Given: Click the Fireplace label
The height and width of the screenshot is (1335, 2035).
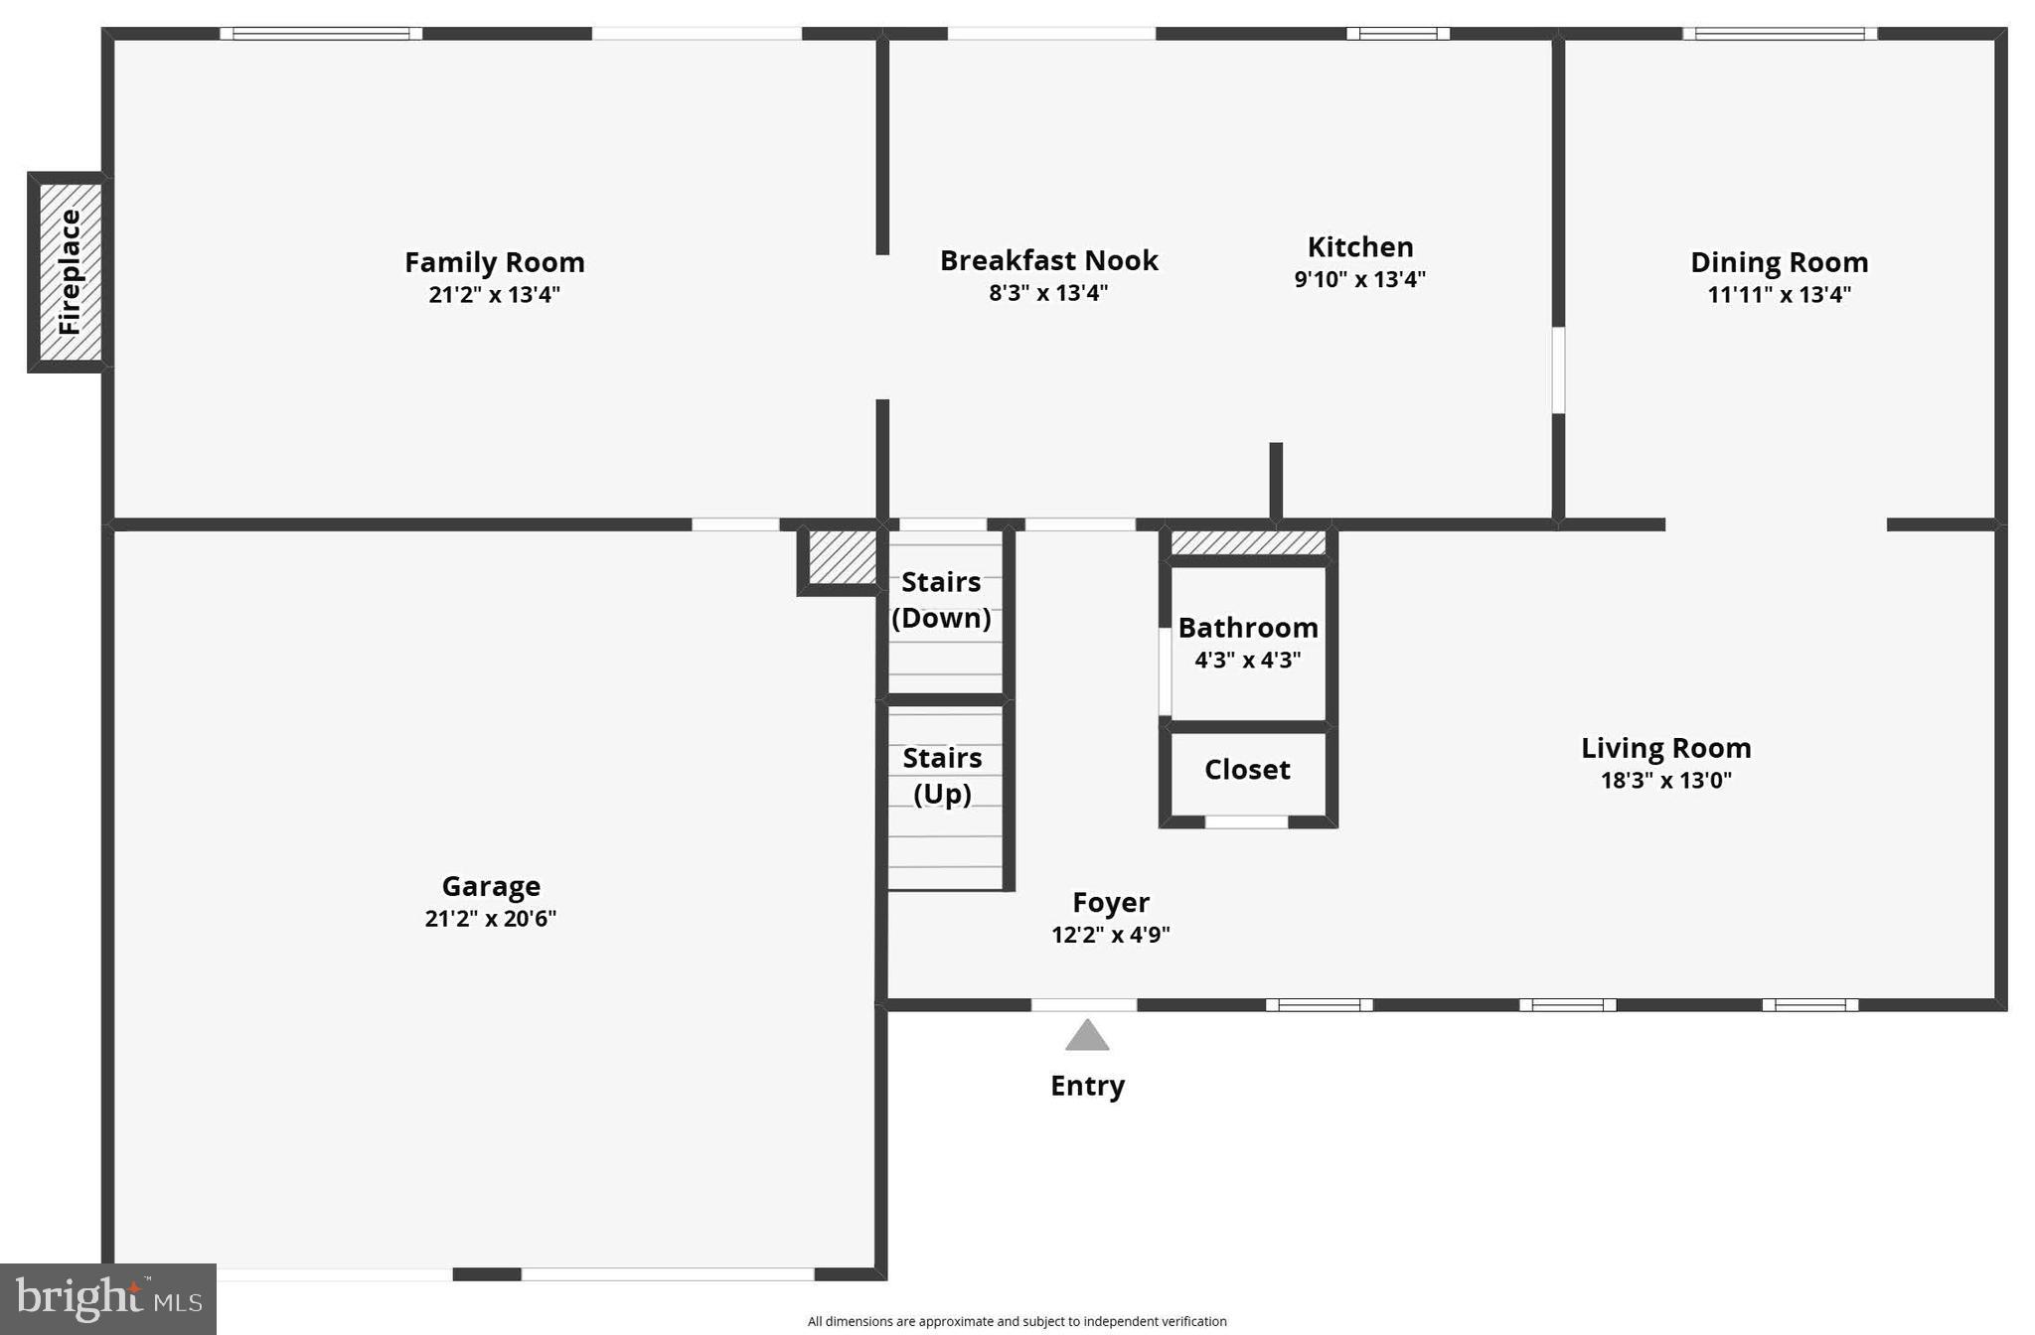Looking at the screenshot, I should (69, 271).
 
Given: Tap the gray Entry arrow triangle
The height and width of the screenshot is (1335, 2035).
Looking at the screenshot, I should (1087, 1035).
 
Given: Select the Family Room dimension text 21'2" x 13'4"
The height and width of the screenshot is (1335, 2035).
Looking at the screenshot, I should (494, 295).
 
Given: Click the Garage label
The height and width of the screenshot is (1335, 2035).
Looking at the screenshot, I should (491, 886).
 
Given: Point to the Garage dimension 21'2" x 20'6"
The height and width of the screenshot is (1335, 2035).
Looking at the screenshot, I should (490, 919).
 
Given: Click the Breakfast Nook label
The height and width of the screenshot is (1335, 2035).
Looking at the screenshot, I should (1048, 260).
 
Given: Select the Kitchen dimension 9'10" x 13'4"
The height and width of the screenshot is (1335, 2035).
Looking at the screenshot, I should (1359, 279).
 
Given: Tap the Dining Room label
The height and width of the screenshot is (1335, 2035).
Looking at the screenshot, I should (1779, 262).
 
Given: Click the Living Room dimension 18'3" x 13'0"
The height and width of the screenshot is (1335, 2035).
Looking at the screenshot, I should (1665, 781).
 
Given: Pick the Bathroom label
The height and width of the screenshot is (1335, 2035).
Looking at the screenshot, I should (1248, 628).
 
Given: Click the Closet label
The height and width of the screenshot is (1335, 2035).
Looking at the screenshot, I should (1247, 770).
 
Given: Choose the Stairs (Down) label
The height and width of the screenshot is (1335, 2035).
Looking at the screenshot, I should (941, 600).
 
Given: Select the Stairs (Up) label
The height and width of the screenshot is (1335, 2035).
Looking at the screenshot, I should (942, 776).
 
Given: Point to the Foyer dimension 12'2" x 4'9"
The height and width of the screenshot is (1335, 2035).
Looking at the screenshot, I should (1110, 935).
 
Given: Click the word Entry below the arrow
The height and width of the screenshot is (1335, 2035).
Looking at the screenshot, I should (1087, 1086).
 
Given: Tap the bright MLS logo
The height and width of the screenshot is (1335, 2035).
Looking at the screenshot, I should (107, 1299).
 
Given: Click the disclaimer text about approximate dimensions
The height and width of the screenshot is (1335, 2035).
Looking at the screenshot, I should (1017, 1321).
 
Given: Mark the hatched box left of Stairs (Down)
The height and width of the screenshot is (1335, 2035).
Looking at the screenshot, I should (841, 558).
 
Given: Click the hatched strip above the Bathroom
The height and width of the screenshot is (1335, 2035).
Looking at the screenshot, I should (1248, 543).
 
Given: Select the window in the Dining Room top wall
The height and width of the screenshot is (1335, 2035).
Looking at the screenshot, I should (1779, 34).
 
